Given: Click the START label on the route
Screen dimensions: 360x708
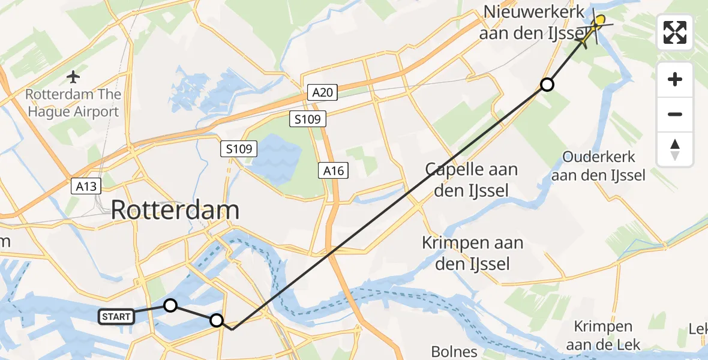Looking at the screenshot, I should click(117, 316).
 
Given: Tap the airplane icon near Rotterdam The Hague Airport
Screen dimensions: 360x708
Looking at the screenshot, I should click(74, 77).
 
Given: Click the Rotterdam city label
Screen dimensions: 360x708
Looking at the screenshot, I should click(175, 211).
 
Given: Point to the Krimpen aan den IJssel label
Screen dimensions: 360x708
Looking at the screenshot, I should click(472, 253).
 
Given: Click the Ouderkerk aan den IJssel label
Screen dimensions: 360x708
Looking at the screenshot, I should click(598, 166).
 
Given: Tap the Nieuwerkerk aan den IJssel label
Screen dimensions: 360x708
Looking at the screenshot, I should click(532, 22).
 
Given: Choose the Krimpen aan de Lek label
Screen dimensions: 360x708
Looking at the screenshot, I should click(603, 335).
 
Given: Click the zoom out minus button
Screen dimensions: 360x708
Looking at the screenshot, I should click(675, 115).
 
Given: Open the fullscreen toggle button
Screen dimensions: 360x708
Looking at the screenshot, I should click(675, 32).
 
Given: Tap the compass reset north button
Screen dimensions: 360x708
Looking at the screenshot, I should click(675, 149).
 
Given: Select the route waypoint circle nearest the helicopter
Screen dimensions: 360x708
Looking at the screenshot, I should click(547, 85).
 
